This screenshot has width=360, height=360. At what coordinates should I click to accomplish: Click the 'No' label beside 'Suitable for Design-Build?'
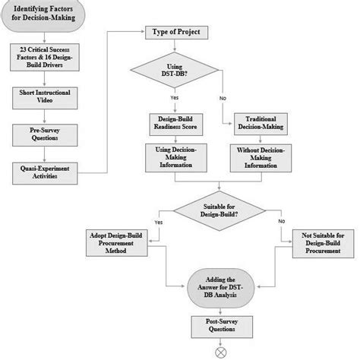coord(281,222)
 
